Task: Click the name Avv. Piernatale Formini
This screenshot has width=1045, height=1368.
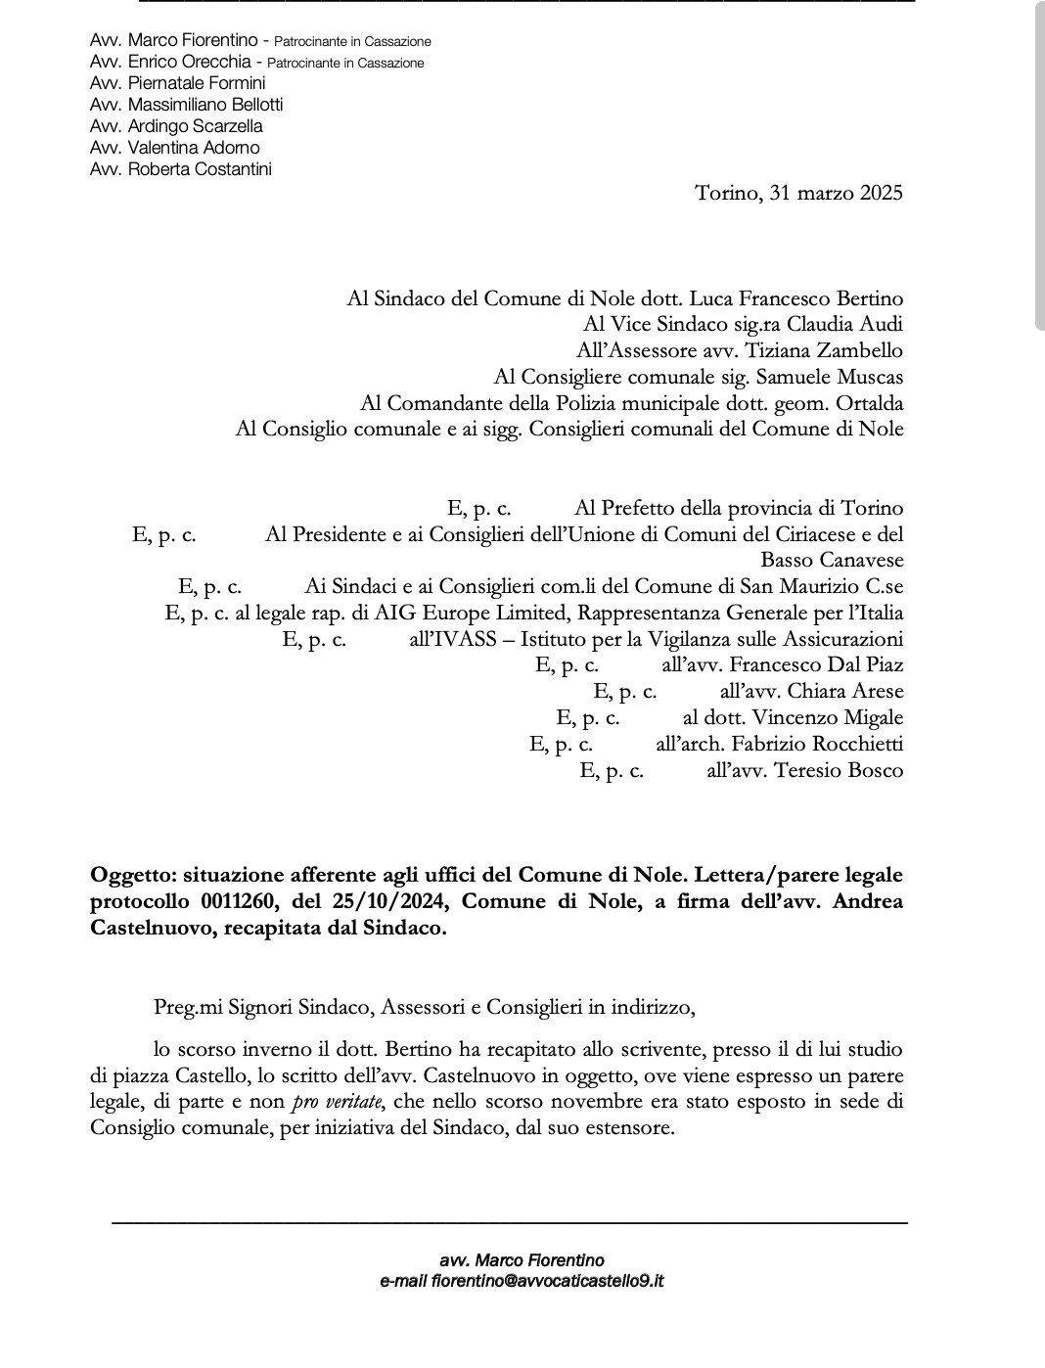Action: (x=177, y=83)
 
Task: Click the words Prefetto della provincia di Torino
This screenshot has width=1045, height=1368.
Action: (x=751, y=508)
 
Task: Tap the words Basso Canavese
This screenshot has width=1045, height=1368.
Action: (x=832, y=561)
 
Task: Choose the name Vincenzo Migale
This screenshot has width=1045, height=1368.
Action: (x=827, y=718)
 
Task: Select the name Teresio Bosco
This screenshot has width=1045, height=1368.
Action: (x=839, y=771)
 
